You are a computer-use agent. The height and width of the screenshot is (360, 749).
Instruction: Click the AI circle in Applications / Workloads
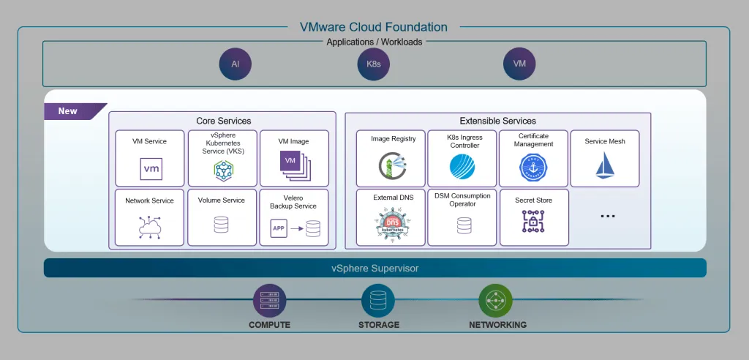(236, 64)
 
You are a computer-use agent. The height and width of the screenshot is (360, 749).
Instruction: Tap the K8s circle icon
(374, 64)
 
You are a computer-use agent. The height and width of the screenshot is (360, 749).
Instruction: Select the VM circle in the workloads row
(519, 64)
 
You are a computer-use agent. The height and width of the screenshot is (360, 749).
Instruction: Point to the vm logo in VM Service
(151, 169)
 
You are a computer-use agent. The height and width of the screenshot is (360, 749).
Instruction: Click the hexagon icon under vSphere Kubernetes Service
(223, 170)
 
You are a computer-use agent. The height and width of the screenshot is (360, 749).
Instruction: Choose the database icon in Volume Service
(221, 225)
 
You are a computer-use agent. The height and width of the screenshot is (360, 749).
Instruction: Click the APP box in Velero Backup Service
(279, 228)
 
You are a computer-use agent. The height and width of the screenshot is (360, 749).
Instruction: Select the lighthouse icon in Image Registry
(391, 166)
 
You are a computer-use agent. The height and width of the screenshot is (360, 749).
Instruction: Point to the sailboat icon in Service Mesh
(605, 165)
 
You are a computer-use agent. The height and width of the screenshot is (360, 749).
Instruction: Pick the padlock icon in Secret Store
(533, 221)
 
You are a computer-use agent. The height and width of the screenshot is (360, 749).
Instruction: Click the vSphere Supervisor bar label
(375, 269)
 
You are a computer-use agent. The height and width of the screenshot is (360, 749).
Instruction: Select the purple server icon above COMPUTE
(269, 301)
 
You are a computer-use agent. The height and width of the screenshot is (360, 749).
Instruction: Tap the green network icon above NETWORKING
(495, 301)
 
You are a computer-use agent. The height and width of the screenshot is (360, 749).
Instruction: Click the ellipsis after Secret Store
(607, 216)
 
